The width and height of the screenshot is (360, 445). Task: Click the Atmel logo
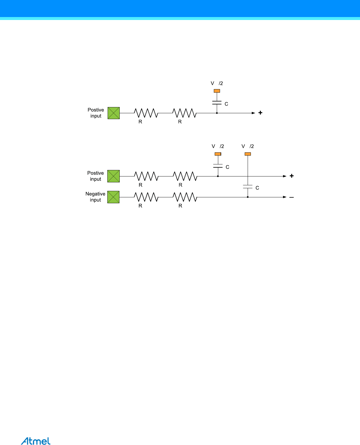(x=36, y=441)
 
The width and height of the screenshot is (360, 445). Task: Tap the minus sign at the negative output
(x=291, y=197)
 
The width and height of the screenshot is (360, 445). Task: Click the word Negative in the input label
(x=95, y=194)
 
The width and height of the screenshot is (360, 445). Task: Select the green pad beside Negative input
(x=114, y=197)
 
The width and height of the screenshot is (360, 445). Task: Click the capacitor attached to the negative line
(x=248, y=186)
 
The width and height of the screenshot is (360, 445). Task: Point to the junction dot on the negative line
(x=248, y=197)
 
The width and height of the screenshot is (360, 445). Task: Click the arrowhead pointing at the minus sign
(x=284, y=197)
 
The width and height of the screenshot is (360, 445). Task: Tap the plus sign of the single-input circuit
(x=260, y=113)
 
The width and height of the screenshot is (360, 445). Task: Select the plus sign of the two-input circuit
(x=291, y=176)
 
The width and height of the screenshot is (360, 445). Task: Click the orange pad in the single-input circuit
(x=217, y=91)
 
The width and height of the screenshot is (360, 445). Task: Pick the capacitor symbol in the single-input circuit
(x=217, y=103)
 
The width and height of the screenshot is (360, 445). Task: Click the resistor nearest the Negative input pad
(x=146, y=197)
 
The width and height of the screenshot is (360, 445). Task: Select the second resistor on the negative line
(x=185, y=197)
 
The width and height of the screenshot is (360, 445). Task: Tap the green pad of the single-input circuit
(x=114, y=113)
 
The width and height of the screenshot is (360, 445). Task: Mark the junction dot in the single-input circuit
(x=217, y=113)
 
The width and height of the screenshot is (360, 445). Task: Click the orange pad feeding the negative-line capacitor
(x=248, y=154)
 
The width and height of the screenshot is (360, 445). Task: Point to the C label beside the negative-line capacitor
(x=257, y=188)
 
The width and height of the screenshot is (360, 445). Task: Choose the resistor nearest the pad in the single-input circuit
(x=146, y=113)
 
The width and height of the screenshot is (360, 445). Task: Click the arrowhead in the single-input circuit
(x=253, y=113)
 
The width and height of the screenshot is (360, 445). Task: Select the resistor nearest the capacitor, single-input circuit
(x=184, y=113)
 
